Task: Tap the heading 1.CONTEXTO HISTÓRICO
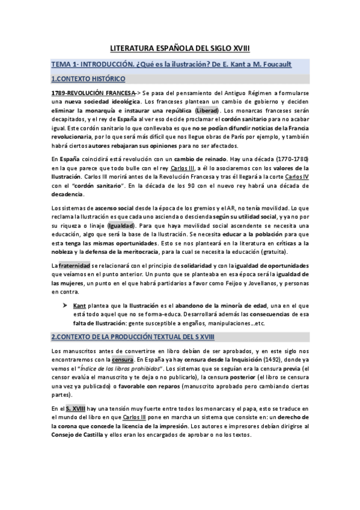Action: pos(88,79)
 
